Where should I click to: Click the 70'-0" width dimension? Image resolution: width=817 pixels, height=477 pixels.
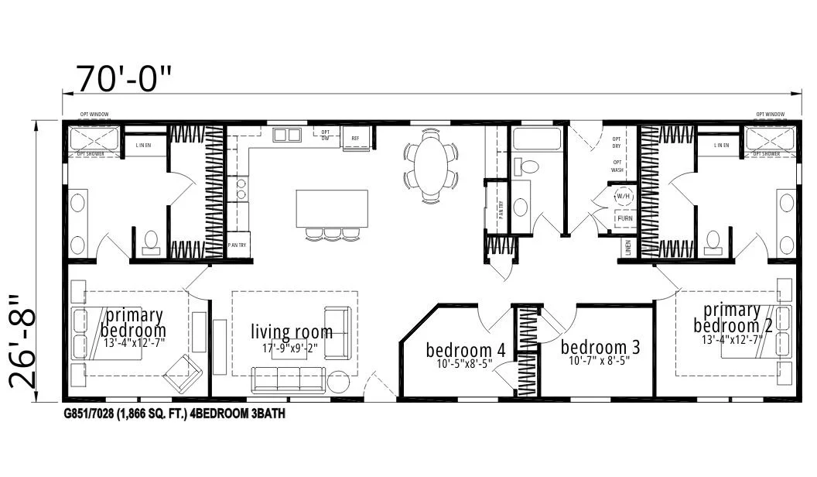click(123, 77)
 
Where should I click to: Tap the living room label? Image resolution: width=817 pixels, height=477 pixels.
click(292, 332)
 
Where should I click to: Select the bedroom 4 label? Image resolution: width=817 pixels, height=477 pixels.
click(466, 350)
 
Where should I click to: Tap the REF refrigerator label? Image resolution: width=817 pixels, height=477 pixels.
click(355, 139)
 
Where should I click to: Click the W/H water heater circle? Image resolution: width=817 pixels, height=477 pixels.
click(624, 197)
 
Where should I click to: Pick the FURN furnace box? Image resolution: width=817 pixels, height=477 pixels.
click(624, 219)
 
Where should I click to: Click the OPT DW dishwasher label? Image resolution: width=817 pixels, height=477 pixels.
click(326, 135)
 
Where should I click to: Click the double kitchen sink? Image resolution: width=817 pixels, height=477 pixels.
click(287, 135)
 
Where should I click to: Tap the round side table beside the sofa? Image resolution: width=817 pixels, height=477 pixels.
click(339, 382)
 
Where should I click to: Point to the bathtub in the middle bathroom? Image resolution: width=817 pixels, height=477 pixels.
click(535, 139)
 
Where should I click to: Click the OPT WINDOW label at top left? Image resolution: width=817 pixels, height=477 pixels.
click(94, 115)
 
